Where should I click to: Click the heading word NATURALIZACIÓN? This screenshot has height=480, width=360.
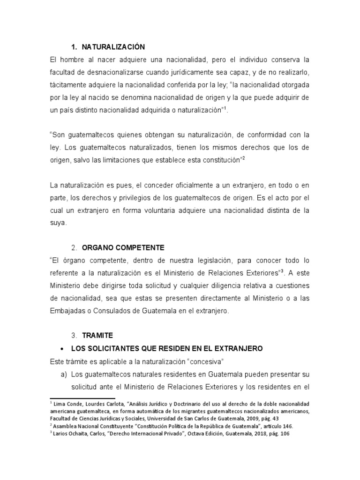[113, 47]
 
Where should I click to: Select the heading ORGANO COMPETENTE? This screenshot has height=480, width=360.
[123, 247]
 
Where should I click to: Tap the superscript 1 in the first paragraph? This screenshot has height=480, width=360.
[225, 108]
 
